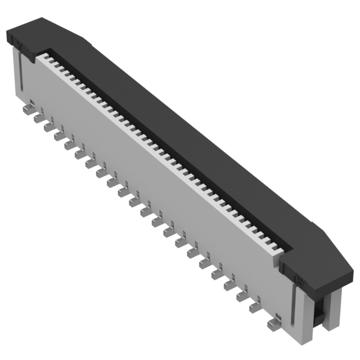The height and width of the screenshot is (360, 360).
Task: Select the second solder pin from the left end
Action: click(38, 118)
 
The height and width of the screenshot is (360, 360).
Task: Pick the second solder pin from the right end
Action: click(255, 307)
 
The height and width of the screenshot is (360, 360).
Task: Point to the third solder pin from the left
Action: click(48, 127)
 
